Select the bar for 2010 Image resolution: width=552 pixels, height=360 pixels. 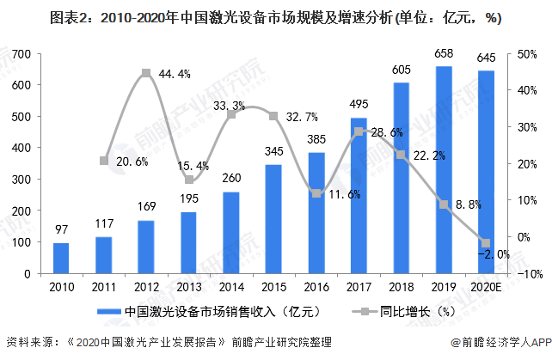click(x=61, y=258)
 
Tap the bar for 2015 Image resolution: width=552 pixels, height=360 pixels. click(x=273, y=219)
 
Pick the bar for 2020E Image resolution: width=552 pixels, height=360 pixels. click(x=486, y=172)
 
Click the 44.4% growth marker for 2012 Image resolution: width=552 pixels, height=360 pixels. click(x=146, y=73)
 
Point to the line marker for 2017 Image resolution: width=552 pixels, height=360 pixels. click(x=359, y=131)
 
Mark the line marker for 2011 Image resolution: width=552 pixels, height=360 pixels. click(x=104, y=161)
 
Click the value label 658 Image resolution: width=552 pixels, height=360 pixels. click(x=444, y=54)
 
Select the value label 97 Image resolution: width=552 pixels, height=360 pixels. click(x=61, y=230)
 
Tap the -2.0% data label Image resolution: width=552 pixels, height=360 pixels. click(x=497, y=254)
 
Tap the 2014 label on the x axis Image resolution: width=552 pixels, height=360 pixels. click(x=231, y=285)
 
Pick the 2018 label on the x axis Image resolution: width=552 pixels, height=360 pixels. click(x=402, y=285)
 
